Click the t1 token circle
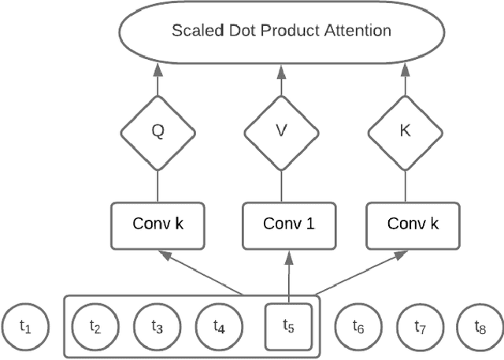tap(26, 325)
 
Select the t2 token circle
tap(94, 325)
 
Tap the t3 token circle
tap(156, 325)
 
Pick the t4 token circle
tap(219, 325)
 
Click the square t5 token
tap(288, 325)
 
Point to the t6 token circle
tap(358, 325)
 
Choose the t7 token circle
tap(418, 325)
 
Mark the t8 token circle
tap(479, 325)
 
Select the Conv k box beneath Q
tap(157, 224)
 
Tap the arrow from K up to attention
tap(406, 81)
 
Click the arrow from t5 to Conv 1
tap(289, 276)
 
